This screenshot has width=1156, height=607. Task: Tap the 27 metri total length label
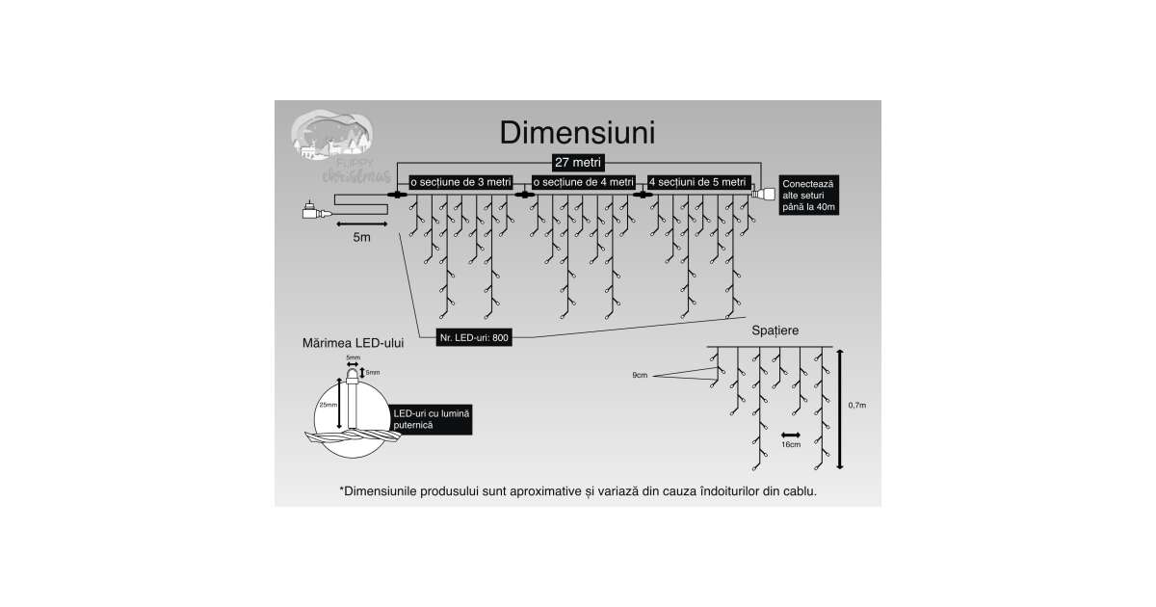tap(578, 162)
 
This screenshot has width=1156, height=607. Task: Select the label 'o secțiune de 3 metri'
tap(460, 181)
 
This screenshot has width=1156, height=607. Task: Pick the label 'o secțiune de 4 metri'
tap(584, 181)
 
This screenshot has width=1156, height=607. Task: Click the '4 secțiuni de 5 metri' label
tap(698, 181)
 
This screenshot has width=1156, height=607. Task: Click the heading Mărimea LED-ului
tap(353, 342)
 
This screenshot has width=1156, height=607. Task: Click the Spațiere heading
tap(775, 330)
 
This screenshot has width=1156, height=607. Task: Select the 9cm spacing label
tap(640, 374)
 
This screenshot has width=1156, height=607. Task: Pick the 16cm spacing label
tap(791, 445)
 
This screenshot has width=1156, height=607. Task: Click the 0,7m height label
tap(856, 406)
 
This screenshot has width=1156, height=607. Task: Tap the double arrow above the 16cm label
tap(791, 434)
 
